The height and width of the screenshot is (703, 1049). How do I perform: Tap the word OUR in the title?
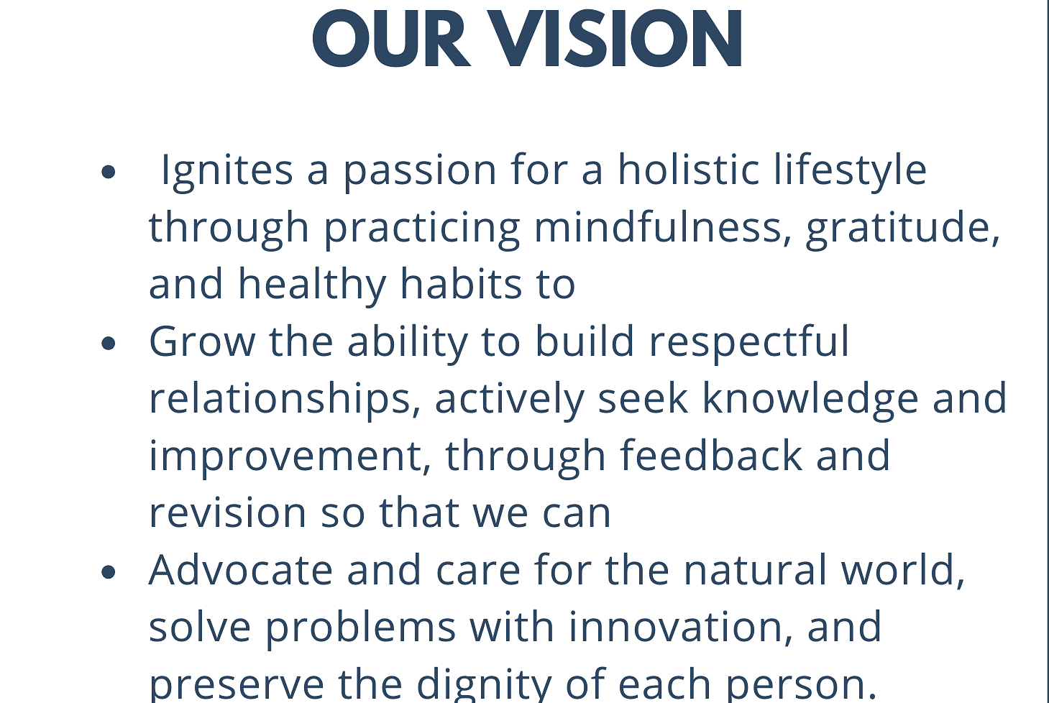coord(392,39)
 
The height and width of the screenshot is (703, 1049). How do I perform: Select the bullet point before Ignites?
coord(108,172)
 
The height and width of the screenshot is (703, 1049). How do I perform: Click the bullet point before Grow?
coord(108,343)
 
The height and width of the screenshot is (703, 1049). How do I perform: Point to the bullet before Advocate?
coord(108,571)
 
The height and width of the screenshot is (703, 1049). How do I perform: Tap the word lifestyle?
coord(850,171)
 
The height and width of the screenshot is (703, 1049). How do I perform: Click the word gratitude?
coord(903,230)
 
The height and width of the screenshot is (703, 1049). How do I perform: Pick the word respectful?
coord(749,344)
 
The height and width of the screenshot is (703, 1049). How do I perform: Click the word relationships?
coord(285,400)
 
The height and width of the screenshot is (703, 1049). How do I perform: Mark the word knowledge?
coord(810,400)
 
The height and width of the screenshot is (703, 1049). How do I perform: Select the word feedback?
coord(711,455)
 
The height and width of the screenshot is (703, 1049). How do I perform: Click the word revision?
coord(228,512)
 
